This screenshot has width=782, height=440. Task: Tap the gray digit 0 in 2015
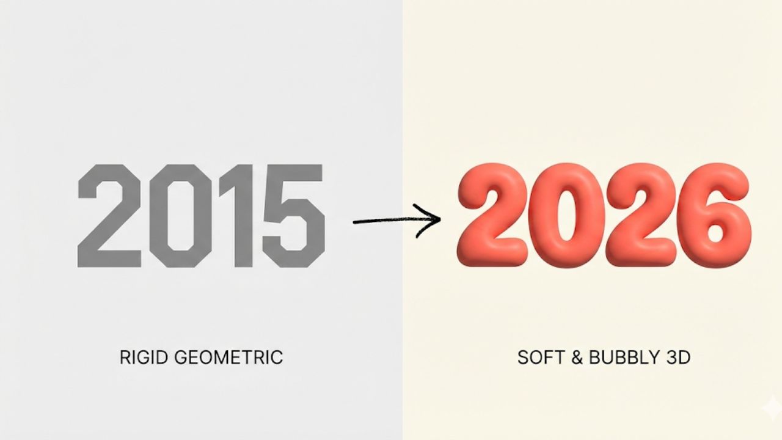159,216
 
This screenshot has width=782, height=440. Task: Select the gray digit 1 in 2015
241,216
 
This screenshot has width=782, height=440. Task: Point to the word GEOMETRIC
228,358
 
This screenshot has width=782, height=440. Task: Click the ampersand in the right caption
577,358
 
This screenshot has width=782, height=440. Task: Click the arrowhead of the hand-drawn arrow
440,219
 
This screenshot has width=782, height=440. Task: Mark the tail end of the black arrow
354,222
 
